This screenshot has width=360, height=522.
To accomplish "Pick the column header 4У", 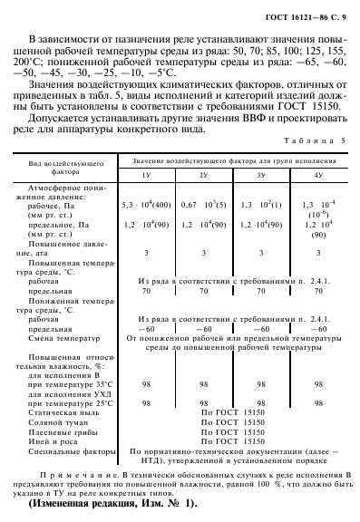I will click(x=318, y=173).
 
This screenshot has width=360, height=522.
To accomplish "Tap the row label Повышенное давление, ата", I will click(x=64, y=249).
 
